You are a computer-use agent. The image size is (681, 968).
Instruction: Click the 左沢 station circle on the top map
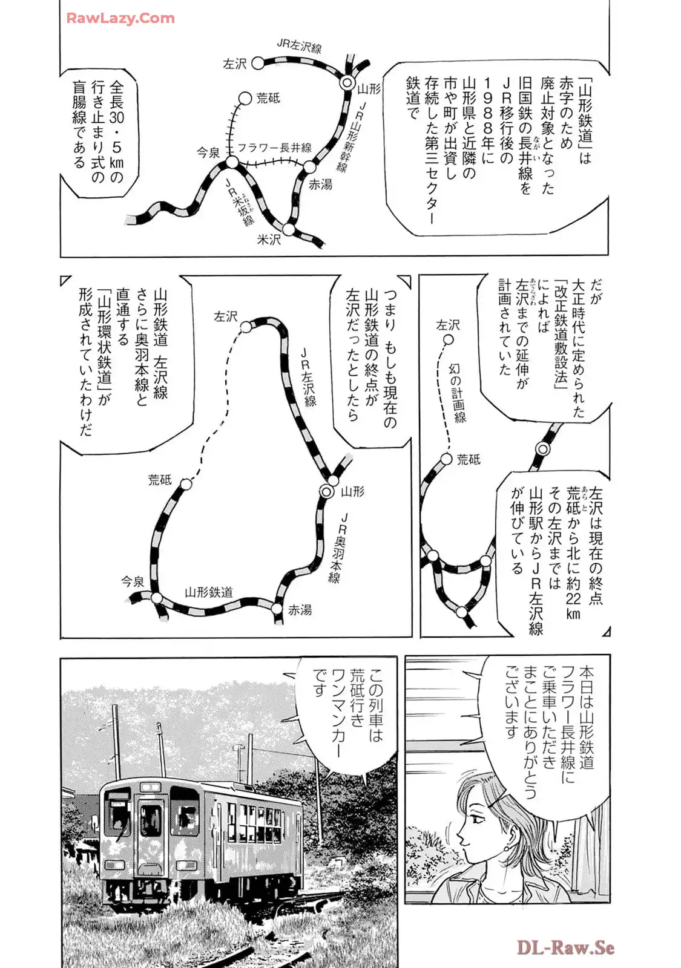(x=258, y=63)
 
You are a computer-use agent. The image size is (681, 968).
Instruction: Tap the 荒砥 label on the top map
(x=268, y=98)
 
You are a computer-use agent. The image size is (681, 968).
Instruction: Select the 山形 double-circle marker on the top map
(x=347, y=83)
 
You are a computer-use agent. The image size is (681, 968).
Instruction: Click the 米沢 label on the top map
(x=269, y=240)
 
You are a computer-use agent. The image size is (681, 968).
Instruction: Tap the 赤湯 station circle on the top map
(x=309, y=167)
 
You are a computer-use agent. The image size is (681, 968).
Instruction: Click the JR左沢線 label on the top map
(x=299, y=45)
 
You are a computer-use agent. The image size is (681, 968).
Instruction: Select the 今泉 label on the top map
(x=208, y=153)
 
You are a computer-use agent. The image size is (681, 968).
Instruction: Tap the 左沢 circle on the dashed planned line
(x=448, y=341)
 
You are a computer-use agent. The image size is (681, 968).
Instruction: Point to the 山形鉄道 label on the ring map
(x=209, y=593)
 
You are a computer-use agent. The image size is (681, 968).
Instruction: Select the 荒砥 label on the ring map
(x=160, y=480)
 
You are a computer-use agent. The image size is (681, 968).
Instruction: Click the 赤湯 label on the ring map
(x=300, y=610)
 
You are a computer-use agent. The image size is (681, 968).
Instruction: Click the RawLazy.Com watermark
(x=120, y=18)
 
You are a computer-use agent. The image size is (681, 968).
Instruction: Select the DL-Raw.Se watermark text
(x=565, y=946)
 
